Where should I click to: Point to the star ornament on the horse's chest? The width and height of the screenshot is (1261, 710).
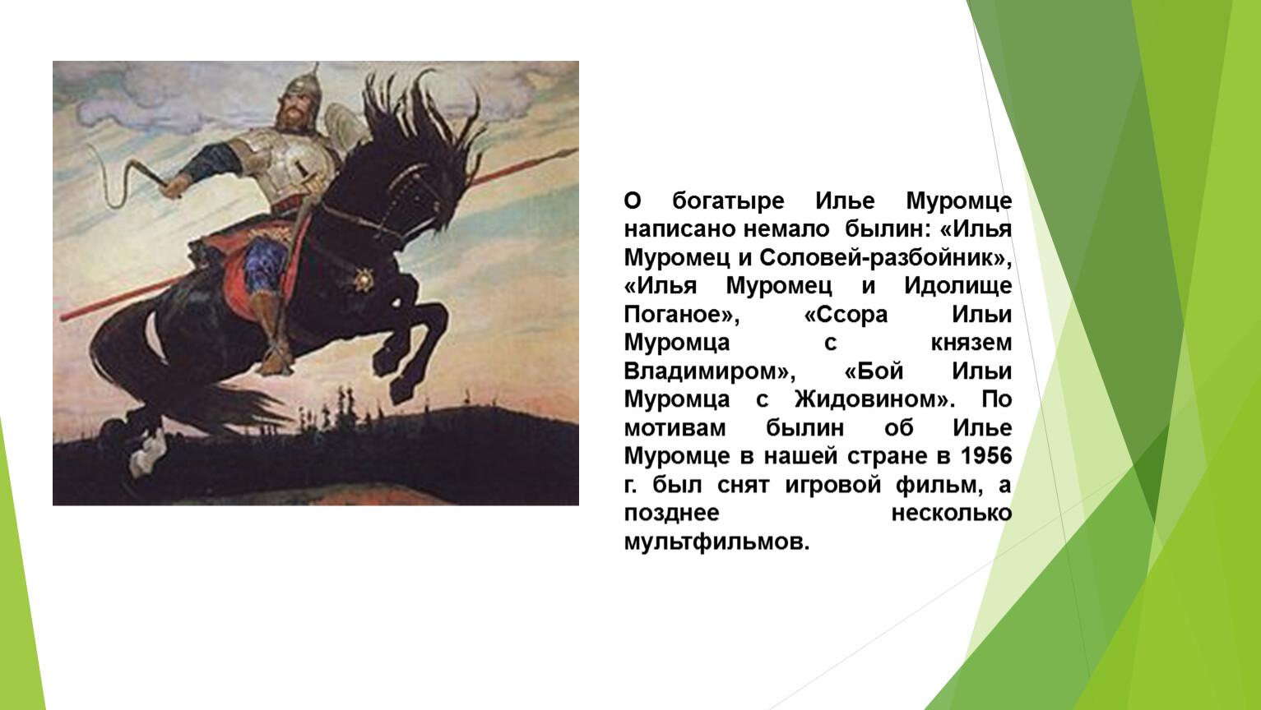click(x=364, y=279)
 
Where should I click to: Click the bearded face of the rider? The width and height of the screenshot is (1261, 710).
click(x=293, y=113)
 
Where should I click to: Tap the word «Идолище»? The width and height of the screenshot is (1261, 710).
click(x=957, y=286)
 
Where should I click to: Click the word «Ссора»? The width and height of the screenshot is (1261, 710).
click(x=846, y=314)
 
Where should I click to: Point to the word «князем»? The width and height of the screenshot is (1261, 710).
click(x=971, y=343)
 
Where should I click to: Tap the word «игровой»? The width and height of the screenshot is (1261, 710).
click(x=832, y=485)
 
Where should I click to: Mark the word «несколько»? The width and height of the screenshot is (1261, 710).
click(x=952, y=513)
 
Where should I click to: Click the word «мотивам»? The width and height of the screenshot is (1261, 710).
click(x=675, y=428)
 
